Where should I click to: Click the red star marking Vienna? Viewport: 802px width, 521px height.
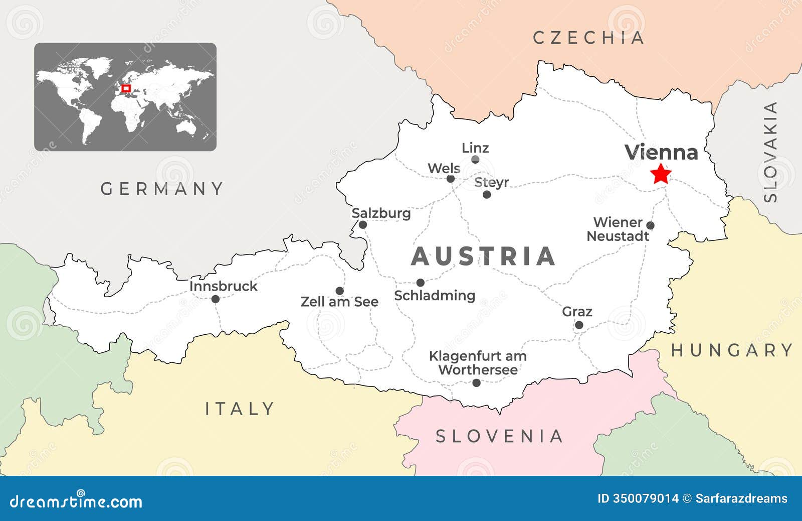[661, 174]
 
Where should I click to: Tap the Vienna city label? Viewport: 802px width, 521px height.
[661, 152]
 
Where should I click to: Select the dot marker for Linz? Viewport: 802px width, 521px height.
[475, 160]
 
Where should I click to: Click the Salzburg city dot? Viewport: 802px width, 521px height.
[363, 224]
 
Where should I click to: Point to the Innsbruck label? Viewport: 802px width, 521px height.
[223, 286]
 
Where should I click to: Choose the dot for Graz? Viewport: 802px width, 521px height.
[579, 325]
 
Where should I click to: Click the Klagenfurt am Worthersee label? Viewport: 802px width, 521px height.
[478, 363]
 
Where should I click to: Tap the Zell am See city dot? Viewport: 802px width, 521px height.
[339, 291]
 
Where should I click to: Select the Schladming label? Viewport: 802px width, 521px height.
[435, 295]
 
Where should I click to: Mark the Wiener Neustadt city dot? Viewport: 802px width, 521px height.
[650, 225]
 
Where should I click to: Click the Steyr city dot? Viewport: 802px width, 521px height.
[487, 194]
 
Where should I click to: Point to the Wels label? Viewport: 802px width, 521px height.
[444, 168]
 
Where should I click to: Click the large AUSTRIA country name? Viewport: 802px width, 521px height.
[483, 256]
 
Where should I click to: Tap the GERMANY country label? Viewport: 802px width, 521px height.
[162, 189]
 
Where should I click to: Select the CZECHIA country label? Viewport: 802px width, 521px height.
[588, 38]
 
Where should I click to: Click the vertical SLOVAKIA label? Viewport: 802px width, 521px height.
[770, 152]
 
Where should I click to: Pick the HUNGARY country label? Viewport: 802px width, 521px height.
[732, 350]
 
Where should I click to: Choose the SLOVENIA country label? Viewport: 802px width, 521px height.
[499, 436]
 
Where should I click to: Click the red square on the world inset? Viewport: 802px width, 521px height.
[126, 88]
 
